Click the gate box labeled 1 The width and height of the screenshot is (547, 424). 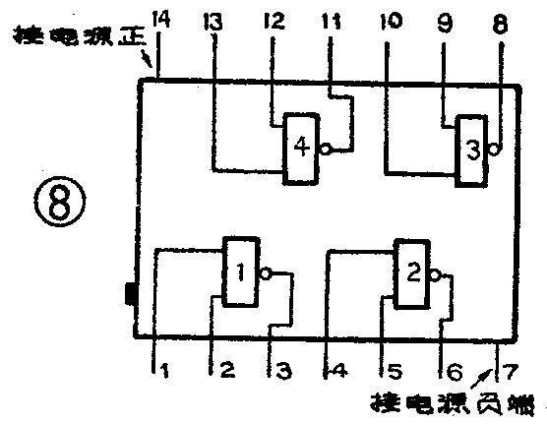point(239,272)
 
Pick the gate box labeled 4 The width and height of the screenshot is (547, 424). point(301,148)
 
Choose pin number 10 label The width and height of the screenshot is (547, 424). point(391,21)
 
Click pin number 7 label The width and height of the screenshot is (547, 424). point(510,372)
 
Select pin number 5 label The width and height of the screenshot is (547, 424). point(394,372)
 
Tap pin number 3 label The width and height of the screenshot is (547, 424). point(283,372)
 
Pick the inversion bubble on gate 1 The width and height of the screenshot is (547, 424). point(264,273)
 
